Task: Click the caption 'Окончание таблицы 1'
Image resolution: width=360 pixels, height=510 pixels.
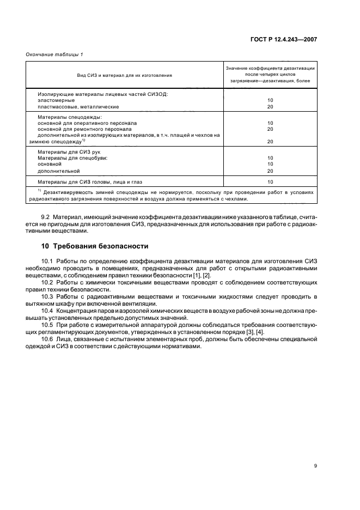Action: click(54, 54)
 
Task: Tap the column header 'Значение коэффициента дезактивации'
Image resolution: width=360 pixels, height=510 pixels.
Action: click(270, 68)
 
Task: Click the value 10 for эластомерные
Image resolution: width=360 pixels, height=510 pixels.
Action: click(270, 100)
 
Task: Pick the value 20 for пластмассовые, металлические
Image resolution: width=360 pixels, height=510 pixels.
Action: click(270, 107)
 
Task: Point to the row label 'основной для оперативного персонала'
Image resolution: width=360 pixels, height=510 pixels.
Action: click(87, 123)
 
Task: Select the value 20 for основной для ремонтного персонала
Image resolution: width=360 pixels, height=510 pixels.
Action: click(270, 129)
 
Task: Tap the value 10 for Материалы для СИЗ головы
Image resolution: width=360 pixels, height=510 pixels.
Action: click(270, 181)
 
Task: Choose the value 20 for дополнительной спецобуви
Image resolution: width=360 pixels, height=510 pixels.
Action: click(270, 171)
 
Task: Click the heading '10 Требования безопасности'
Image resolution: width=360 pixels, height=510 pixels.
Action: click(90, 246)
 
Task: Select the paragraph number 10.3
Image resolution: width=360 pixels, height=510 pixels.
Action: click(47, 296)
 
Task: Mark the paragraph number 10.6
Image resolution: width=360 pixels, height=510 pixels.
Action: click(47, 339)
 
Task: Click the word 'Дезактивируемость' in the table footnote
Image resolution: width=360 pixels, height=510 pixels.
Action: click(70, 192)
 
